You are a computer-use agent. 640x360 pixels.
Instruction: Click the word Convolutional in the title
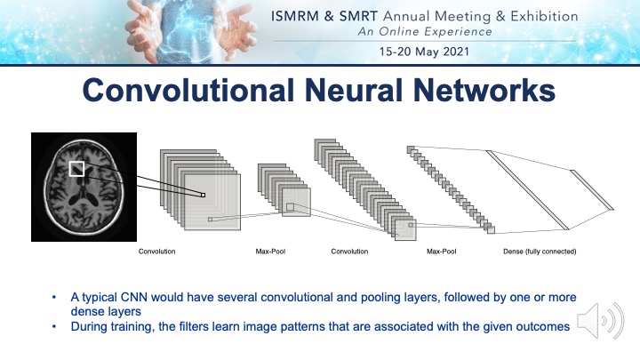(x=188, y=90)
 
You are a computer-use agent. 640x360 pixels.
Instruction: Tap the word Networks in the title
(x=484, y=90)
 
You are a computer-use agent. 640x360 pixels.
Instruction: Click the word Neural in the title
(x=354, y=90)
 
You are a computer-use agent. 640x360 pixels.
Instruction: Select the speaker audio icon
(x=600, y=321)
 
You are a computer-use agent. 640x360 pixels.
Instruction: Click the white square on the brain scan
(x=76, y=169)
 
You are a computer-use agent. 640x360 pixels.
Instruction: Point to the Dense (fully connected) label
(x=540, y=252)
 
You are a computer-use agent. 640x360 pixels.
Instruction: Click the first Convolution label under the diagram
(x=156, y=252)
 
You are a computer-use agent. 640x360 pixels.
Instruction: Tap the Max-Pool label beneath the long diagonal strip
(x=441, y=252)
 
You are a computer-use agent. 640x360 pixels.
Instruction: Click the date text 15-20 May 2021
(x=424, y=52)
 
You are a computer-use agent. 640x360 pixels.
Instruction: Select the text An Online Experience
(x=425, y=32)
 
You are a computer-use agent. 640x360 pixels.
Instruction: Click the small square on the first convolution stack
(x=203, y=195)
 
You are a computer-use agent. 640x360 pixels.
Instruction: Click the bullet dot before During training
(x=54, y=326)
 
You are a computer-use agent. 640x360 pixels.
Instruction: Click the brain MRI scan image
(x=84, y=187)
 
